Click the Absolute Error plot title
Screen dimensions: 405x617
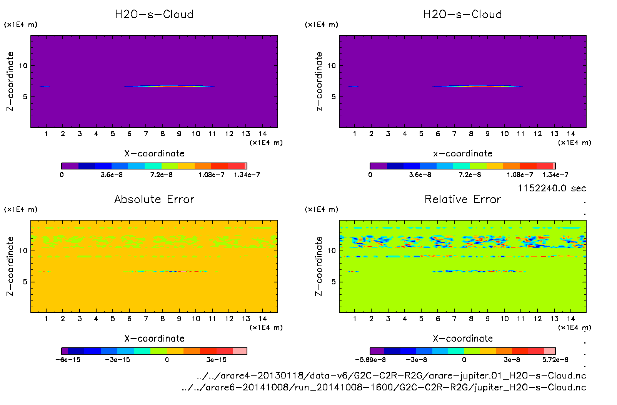coord(154,199)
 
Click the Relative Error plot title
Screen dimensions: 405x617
coord(463,199)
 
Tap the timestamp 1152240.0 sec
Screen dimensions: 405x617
coord(552,188)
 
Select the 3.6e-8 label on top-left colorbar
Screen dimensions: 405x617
coord(112,175)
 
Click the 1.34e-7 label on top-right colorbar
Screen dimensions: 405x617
coord(555,175)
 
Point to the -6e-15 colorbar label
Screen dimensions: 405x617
coord(68,360)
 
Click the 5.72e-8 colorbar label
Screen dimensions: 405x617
coord(555,360)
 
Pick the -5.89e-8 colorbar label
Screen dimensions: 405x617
coord(370,360)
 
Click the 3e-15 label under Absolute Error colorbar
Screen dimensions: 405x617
coord(217,360)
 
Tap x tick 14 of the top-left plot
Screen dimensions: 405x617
coord(262,134)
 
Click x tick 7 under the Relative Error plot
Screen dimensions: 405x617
coord(454,319)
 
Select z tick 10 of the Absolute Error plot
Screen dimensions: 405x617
coord(23,251)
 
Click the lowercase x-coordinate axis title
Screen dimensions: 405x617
coord(463,154)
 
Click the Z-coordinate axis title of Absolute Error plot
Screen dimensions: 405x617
coord(10,266)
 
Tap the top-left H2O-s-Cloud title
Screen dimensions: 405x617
coord(154,15)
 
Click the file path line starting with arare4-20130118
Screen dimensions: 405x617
coord(391,375)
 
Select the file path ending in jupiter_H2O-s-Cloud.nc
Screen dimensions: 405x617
coord(384,387)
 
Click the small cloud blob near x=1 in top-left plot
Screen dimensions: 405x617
coord(45,86)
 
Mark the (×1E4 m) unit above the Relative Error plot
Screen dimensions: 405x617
coord(322,209)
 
